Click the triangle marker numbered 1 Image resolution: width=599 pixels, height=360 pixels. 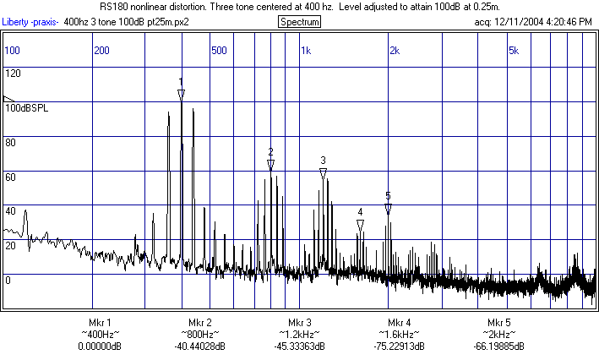tap(181, 94)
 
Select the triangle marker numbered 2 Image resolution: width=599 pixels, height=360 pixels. tap(270, 164)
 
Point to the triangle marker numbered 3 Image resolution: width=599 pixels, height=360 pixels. tap(323, 172)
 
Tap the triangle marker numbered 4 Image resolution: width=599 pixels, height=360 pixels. tap(360, 225)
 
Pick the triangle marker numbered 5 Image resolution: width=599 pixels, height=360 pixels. tap(388, 208)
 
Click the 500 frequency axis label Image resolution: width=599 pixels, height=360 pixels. tap(219, 51)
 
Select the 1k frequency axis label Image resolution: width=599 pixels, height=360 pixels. tap(306, 51)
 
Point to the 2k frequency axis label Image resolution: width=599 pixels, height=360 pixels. tap(394, 51)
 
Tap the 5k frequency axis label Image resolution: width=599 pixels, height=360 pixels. tap(513, 51)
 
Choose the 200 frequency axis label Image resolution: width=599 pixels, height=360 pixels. tap(101, 51)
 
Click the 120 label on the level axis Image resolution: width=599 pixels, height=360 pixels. tap(13, 74)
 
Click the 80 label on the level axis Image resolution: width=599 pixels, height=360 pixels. tap(11, 142)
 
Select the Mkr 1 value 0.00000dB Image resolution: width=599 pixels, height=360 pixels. tap(100, 346)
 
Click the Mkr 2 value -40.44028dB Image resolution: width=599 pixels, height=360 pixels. tap(199, 346)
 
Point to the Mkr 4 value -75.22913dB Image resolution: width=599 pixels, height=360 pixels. tap(400, 346)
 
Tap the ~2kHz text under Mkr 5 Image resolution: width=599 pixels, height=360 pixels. tap(498, 335)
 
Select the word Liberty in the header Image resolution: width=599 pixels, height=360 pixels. tap(16, 21)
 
